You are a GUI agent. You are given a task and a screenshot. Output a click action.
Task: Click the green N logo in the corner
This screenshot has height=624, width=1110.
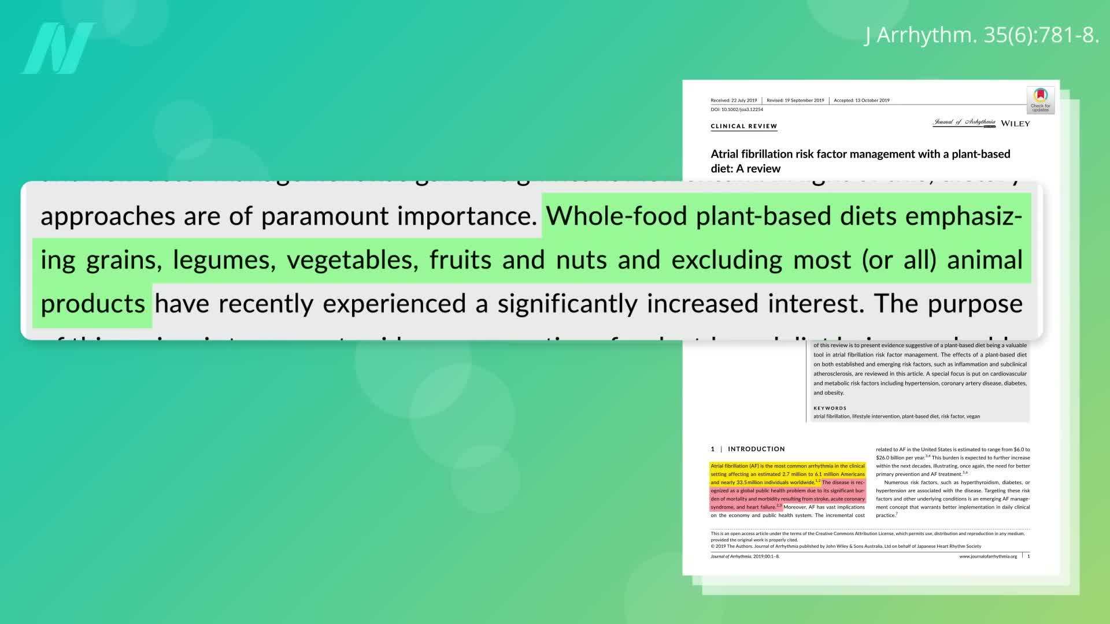pos(58,49)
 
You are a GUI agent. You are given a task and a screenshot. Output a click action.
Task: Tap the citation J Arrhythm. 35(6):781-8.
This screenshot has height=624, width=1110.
pos(982,35)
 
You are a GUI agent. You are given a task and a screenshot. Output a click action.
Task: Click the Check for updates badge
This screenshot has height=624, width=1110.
pos(1040,100)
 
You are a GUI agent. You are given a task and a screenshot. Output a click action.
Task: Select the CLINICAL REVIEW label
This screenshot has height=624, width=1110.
pos(743,126)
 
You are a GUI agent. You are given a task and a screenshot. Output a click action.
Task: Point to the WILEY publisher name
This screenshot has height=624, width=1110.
pos(1015,124)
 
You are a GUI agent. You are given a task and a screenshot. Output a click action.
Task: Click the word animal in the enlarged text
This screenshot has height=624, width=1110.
pos(985,260)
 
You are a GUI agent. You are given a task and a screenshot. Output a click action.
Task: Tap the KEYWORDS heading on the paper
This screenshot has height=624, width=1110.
pos(830,408)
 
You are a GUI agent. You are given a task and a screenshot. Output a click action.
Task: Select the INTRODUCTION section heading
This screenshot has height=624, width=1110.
pos(756,449)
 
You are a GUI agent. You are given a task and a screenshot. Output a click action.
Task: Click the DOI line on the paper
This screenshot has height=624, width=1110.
pos(737,109)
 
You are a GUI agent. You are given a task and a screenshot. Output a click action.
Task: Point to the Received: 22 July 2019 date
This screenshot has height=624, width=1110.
pos(734,101)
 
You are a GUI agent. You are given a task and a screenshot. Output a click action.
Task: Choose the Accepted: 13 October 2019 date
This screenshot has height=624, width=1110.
pos(861,101)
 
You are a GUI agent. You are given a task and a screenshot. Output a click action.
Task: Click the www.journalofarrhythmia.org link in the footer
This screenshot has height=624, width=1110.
pos(988,556)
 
